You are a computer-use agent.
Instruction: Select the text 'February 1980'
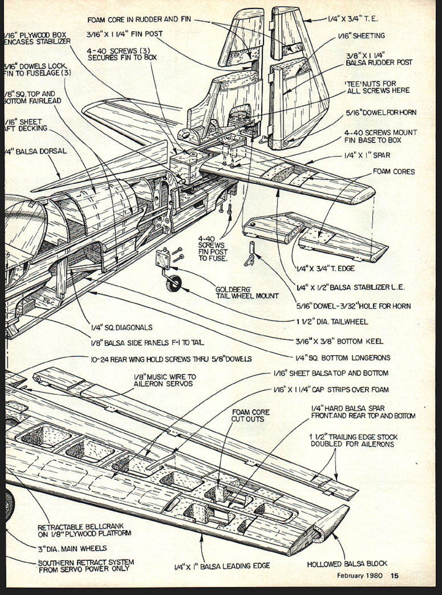(x=359, y=575)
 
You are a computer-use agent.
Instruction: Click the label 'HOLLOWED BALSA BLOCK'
(x=347, y=564)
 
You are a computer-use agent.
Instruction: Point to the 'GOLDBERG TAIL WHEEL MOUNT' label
(x=247, y=293)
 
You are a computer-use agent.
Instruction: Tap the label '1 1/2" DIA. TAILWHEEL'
(x=332, y=322)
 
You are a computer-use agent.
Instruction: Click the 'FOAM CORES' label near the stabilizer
(x=394, y=172)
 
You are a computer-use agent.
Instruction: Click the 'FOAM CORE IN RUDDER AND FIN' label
(x=139, y=20)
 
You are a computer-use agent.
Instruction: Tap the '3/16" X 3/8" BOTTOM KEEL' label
(x=339, y=341)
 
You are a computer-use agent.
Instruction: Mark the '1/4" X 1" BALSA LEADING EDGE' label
(x=222, y=566)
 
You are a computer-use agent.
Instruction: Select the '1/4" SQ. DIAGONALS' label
(x=122, y=328)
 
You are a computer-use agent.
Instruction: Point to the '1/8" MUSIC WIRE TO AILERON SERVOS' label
(x=165, y=380)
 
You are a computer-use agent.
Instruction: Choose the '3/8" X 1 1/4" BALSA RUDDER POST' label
(x=379, y=59)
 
